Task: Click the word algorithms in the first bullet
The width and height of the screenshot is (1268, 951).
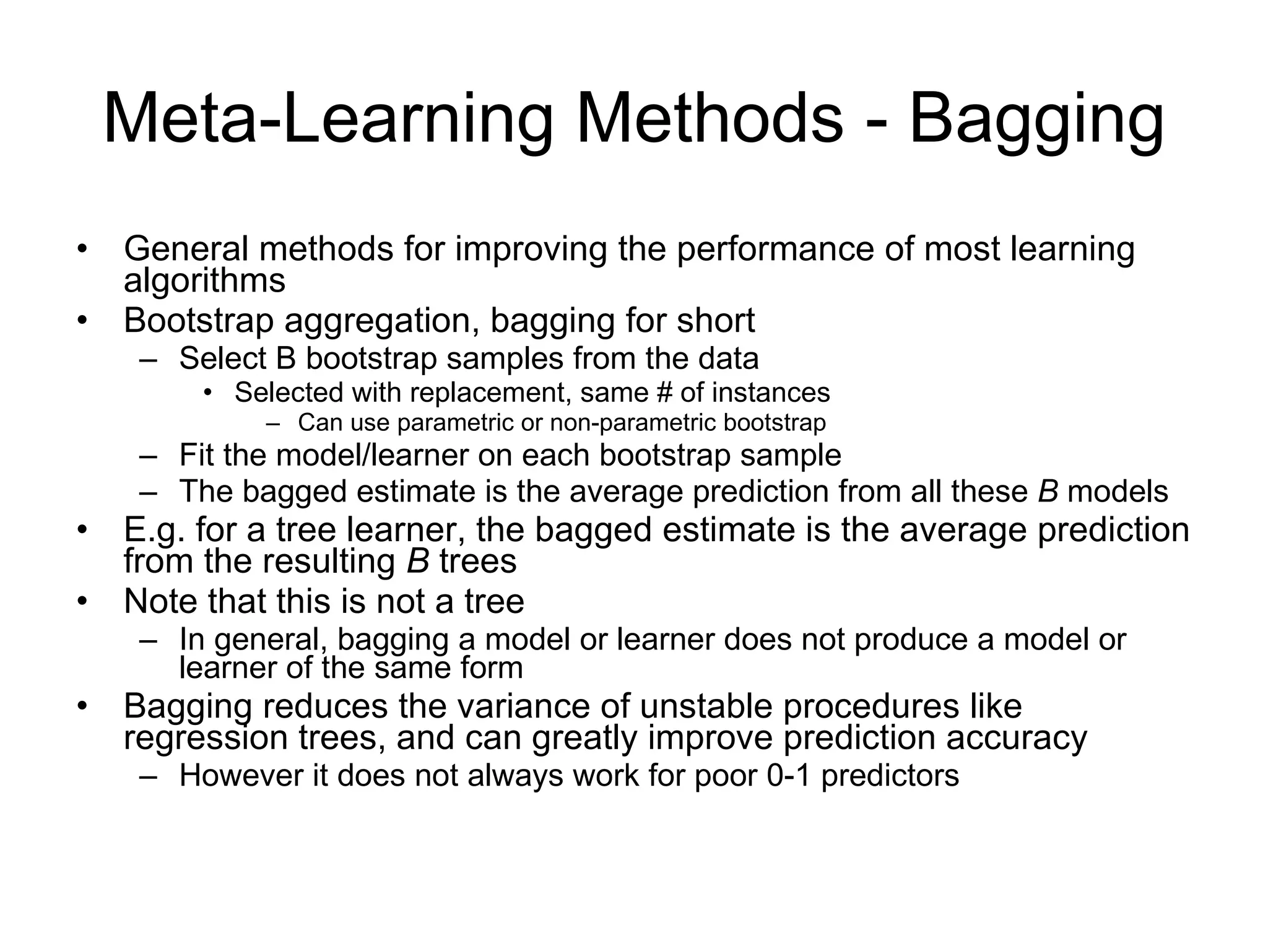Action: [204, 282]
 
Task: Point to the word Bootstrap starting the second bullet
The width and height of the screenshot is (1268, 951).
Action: [198, 321]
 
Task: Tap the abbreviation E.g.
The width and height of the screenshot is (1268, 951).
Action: [154, 531]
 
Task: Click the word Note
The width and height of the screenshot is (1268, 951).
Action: [160, 601]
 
